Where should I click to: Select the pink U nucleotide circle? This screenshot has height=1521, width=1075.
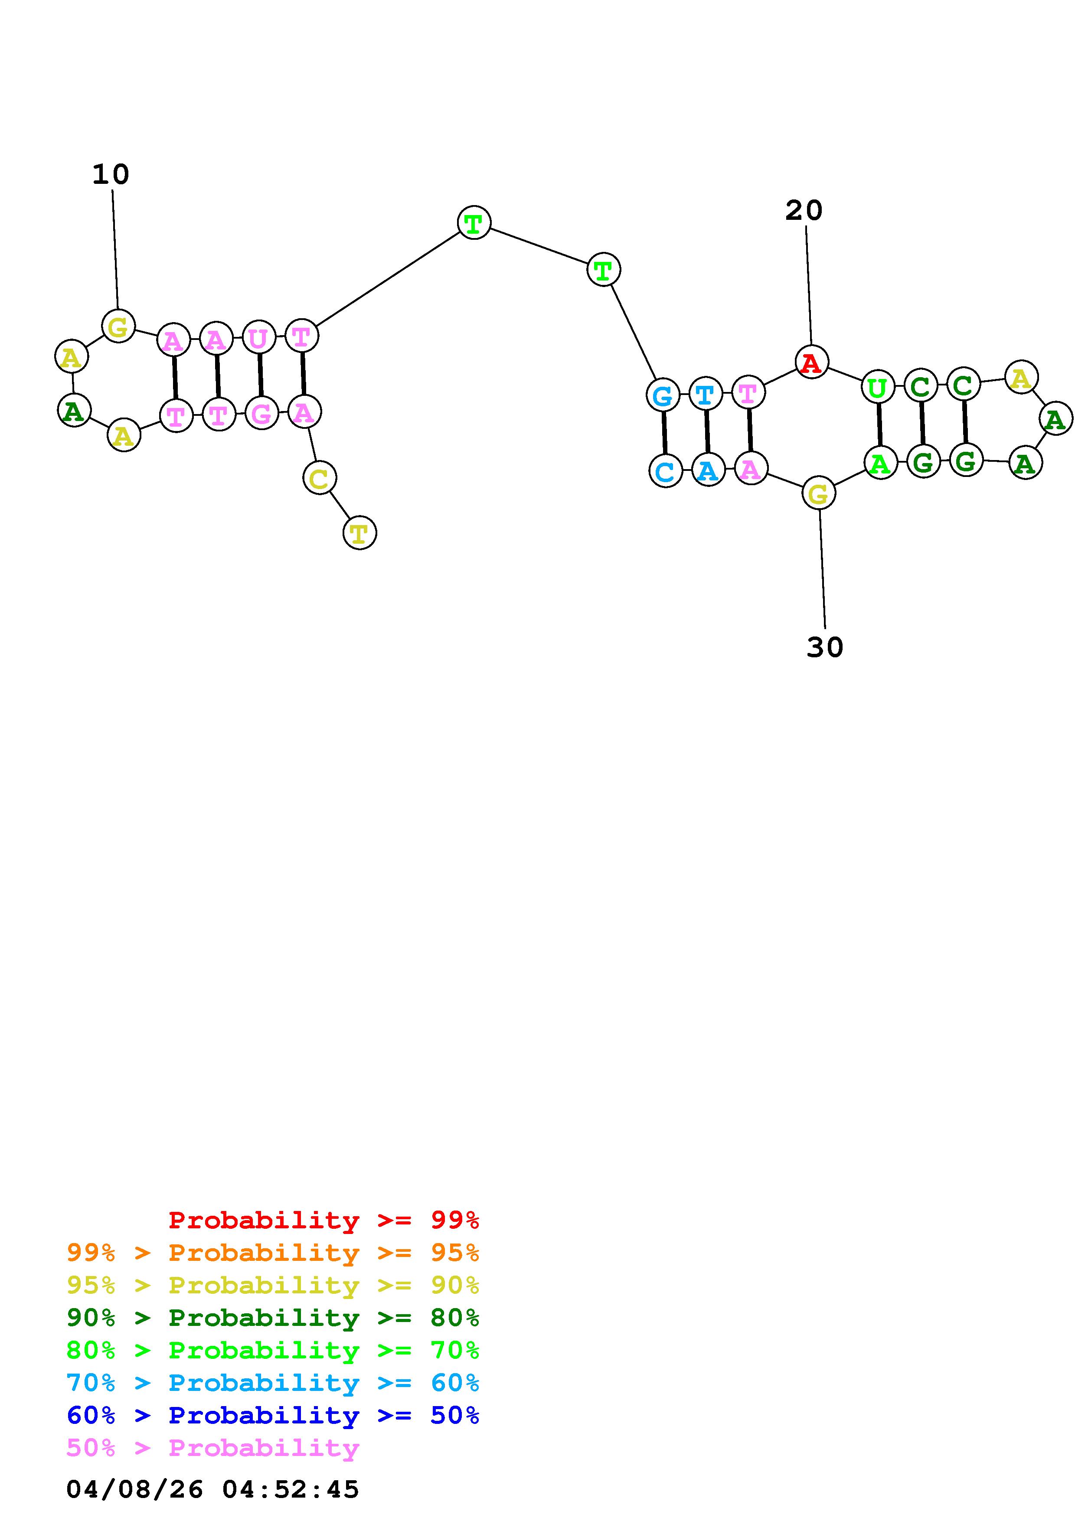point(258,338)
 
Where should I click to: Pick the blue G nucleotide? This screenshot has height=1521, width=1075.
point(662,395)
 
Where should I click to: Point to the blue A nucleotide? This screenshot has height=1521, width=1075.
point(707,470)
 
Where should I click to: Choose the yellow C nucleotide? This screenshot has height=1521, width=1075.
point(319,478)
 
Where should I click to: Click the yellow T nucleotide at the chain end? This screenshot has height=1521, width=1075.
point(359,532)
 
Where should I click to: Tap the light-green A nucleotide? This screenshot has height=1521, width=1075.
point(880,462)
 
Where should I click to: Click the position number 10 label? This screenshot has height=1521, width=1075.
point(111,175)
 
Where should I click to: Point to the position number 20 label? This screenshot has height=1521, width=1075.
point(804,211)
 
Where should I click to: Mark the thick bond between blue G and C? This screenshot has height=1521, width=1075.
point(663,433)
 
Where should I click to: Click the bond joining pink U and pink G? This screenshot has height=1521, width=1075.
point(260,375)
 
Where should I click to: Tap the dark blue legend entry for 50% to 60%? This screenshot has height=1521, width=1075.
point(272,1415)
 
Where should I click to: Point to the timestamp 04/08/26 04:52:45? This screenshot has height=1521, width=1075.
point(212,1489)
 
